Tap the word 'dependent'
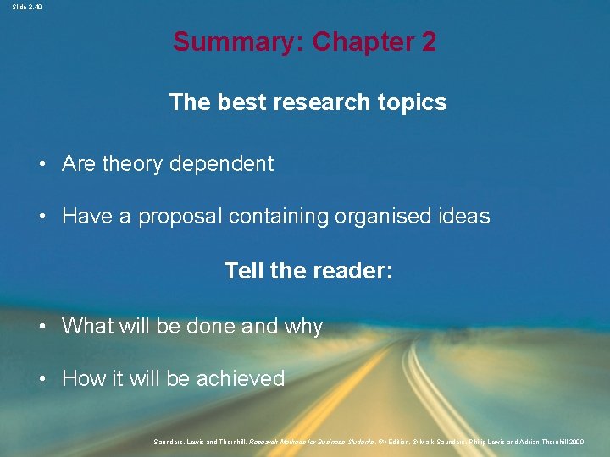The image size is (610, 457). [222, 164]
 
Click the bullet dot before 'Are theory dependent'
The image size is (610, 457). [42, 164]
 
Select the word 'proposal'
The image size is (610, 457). [179, 217]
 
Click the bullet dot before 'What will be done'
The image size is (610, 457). [42, 326]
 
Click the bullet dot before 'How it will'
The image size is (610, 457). [42, 378]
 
